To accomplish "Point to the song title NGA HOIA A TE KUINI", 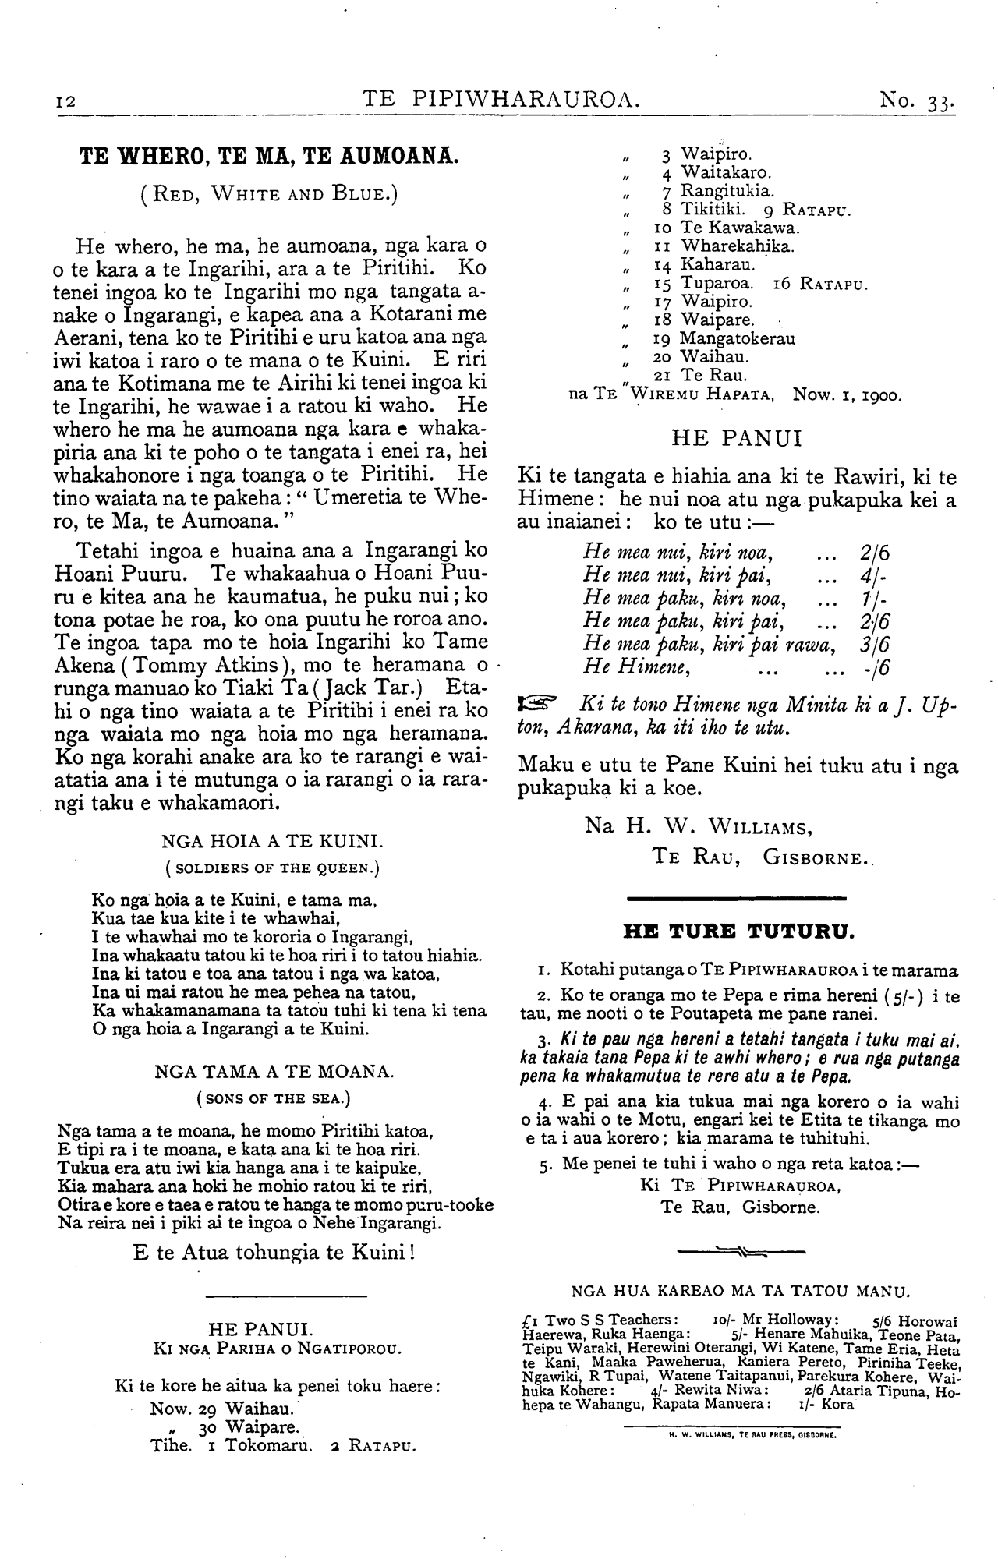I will point(270,841).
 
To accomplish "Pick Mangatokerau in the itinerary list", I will point(737,339).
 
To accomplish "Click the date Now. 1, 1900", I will point(847,395).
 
